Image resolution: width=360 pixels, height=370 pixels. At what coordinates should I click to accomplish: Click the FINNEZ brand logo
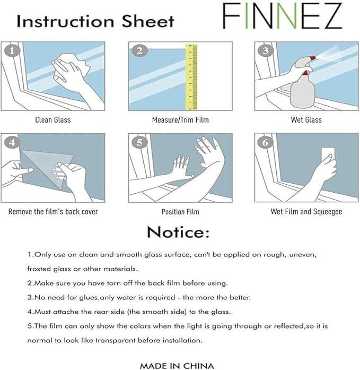(282, 16)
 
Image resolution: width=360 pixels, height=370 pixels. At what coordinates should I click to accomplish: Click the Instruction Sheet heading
(95, 21)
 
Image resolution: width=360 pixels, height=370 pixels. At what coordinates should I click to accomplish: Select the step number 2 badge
(139, 51)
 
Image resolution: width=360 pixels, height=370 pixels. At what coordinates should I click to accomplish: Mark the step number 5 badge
(139, 143)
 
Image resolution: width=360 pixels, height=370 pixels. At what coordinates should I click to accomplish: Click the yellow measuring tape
(191, 76)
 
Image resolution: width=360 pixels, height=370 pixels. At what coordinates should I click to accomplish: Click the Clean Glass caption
(53, 120)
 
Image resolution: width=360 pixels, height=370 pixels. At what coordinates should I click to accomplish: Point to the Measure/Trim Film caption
(180, 120)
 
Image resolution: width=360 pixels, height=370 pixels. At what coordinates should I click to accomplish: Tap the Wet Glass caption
(306, 120)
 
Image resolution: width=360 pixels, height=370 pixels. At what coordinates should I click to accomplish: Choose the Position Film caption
(180, 212)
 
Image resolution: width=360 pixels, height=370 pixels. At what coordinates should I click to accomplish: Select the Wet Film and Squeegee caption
(306, 212)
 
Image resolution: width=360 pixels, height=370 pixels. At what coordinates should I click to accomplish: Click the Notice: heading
(178, 232)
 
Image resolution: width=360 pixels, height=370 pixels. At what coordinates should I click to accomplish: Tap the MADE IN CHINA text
(177, 365)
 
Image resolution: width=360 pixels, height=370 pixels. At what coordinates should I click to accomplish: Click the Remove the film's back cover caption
(53, 212)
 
